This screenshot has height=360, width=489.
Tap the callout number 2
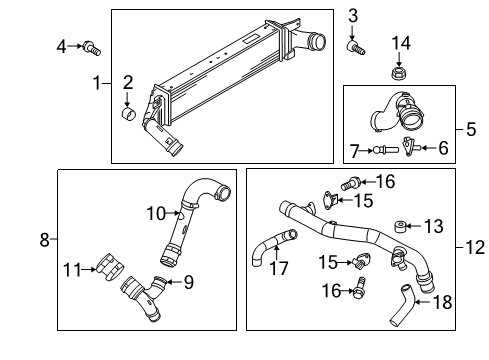128,81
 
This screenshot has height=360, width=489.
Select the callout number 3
353,15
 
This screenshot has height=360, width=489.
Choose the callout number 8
44,239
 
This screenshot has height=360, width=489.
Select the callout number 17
278,267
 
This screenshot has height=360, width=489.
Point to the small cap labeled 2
128,113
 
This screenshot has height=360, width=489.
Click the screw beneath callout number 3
354,46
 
